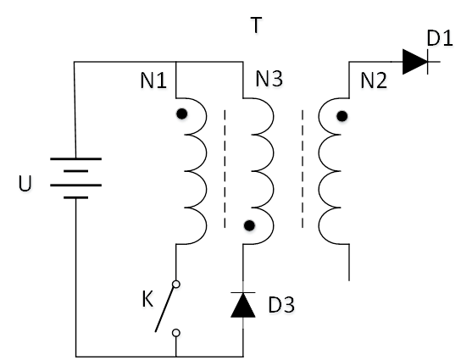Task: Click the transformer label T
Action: [256, 25]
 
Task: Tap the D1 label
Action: [440, 38]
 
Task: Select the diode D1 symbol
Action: [416, 62]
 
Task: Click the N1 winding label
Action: [153, 80]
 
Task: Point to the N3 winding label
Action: [269, 79]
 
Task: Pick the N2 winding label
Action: [374, 80]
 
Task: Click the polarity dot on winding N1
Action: [182, 114]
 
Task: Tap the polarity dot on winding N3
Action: [249, 225]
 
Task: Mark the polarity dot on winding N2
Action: [342, 116]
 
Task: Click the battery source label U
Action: [25, 183]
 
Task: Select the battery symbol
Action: [76, 178]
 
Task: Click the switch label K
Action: [147, 299]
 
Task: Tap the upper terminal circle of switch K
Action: [176, 284]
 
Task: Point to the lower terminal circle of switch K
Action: [176, 333]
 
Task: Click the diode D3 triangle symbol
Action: [243, 305]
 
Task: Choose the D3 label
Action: [281, 305]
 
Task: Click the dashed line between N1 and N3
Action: [225, 169]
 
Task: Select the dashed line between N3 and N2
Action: [303, 169]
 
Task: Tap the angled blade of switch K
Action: [165, 308]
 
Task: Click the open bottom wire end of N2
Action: [349, 280]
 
